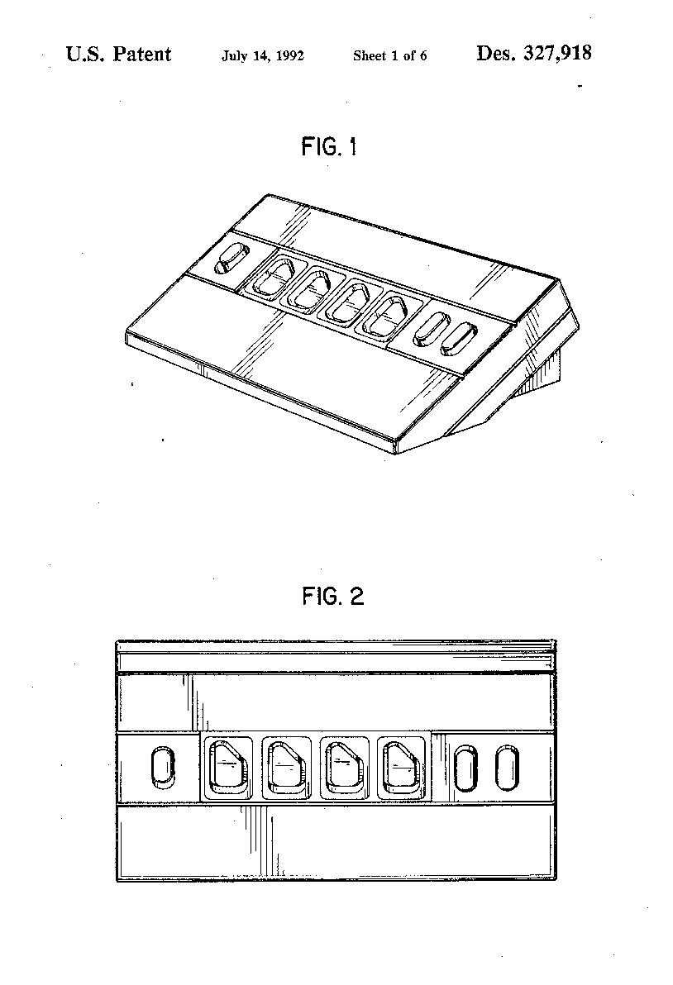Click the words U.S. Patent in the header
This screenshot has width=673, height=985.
(x=118, y=54)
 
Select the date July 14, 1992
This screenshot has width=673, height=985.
(x=263, y=56)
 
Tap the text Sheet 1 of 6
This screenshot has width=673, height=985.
(x=389, y=56)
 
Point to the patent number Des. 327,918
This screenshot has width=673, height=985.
(x=533, y=54)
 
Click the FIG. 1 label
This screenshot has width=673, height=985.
(x=329, y=147)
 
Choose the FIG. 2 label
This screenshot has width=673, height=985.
(x=333, y=596)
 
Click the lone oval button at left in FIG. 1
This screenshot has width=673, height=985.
(x=231, y=258)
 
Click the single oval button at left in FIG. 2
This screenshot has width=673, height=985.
(x=164, y=767)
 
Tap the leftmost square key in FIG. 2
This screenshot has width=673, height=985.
(x=227, y=768)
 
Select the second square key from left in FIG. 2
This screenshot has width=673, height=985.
(x=286, y=768)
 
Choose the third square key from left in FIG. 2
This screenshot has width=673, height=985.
(x=344, y=768)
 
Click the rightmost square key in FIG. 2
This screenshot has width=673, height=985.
(x=401, y=768)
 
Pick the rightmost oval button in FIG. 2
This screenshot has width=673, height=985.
(x=507, y=768)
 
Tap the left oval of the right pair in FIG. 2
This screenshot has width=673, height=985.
(x=465, y=768)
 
